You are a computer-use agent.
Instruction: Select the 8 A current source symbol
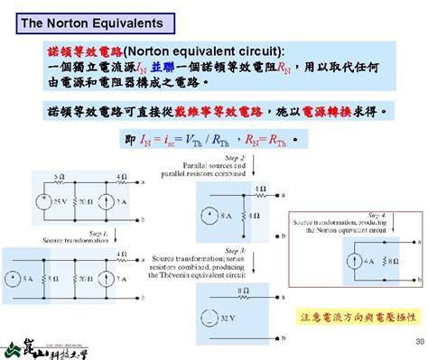pyautogui.click(x=209, y=217)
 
